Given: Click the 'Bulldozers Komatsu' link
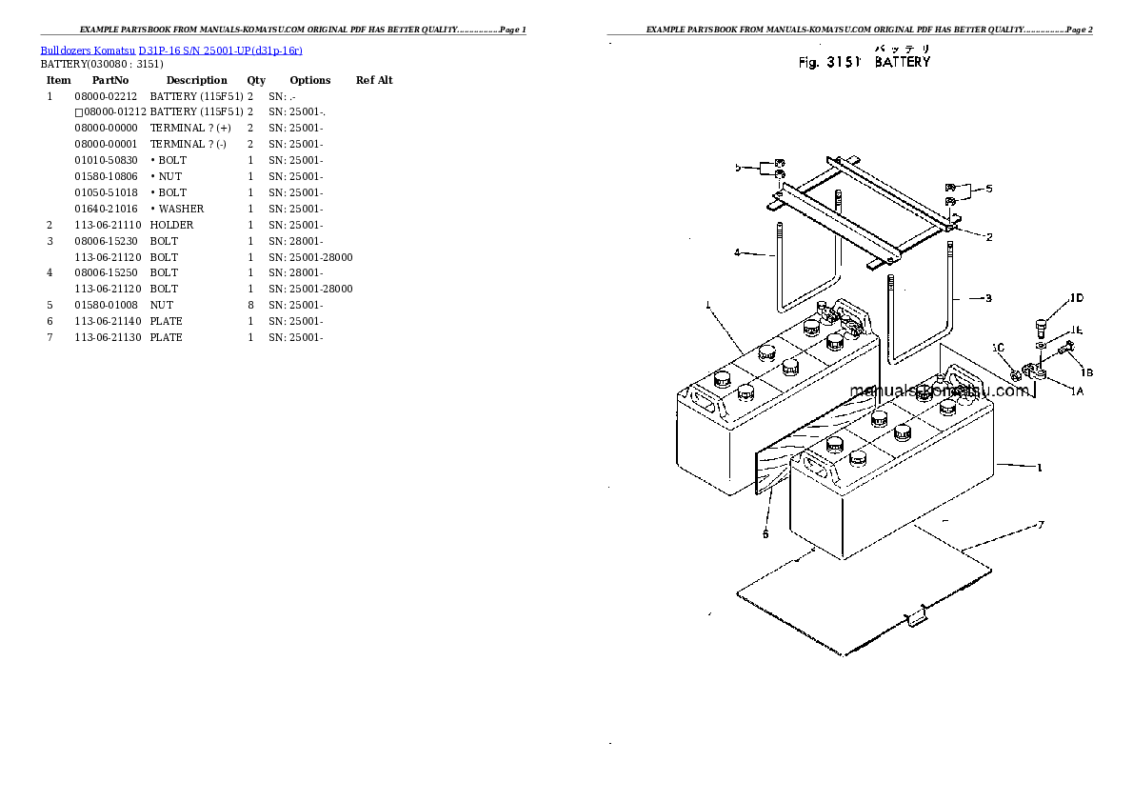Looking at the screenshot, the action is (88, 50).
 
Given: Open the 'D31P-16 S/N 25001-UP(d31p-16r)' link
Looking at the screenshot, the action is (220, 50).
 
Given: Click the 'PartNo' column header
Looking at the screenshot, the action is (110, 80).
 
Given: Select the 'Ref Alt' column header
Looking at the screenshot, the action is (374, 80).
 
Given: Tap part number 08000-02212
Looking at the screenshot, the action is (106, 96).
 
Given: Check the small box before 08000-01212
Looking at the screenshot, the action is (79, 112).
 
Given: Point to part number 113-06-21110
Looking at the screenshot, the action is (108, 225).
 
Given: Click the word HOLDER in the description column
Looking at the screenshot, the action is (171, 225).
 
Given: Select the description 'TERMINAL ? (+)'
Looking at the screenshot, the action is (190, 128).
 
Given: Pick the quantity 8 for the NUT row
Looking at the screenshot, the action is (250, 305).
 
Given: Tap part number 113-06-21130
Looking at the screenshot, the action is (108, 338).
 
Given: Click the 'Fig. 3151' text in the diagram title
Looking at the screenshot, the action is (829, 63).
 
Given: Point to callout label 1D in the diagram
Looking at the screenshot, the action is (1077, 298).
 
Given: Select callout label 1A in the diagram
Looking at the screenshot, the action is (1077, 391).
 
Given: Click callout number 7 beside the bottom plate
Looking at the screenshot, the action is (1041, 525).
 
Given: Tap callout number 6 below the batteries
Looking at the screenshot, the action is (765, 534).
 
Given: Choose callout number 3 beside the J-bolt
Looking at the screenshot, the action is (988, 298).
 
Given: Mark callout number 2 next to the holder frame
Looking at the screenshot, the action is (989, 237).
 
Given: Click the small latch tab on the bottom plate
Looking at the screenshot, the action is (916, 616).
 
